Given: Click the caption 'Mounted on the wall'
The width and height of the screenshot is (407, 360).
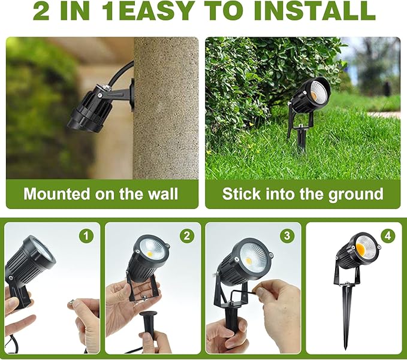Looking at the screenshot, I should (101, 193).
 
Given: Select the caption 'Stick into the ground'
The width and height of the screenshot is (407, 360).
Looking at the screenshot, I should (303, 193).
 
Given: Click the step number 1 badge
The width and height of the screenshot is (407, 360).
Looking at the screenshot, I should (87, 235).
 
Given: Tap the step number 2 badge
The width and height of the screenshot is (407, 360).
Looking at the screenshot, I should (187, 235).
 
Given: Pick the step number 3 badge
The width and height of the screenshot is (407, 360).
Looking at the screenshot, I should (288, 235).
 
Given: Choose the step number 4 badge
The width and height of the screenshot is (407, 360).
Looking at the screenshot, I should (388, 235).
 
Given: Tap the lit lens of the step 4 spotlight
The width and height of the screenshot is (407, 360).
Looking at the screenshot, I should (366, 247).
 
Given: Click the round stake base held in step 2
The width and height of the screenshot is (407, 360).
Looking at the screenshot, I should (147, 313).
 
